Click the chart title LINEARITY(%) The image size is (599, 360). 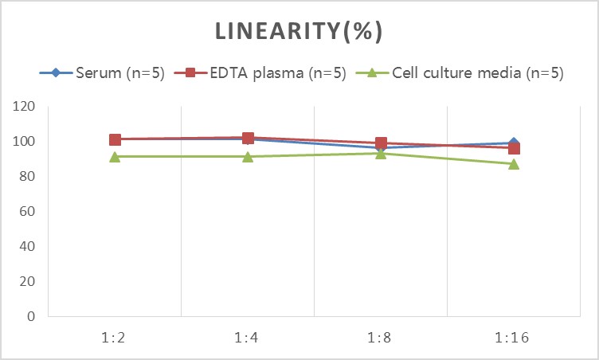pyautogui.click(x=299, y=31)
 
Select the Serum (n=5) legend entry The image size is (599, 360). pyautogui.click(x=102, y=72)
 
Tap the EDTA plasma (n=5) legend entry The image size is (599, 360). pyautogui.click(x=260, y=72)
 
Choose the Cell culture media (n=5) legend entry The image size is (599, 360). pyautogui.click(x=460, y=72)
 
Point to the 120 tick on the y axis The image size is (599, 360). pyautogui.click(x=24, y=106)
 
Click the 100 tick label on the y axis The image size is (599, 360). pyautogui.click(x=24, y=141)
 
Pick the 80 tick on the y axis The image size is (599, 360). pyautogui.click(x=27, y=176)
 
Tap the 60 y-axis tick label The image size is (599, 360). pyautogui.click(x=27, y=211)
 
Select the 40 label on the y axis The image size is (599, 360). pyautogui.click(x=27, y=246)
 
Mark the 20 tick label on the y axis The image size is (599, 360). pyautogui.click(x=27, y=281)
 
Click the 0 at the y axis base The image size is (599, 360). pyautogui.click(x=31, y=316)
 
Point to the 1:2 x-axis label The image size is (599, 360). pyautogui.click(x=113, y=338)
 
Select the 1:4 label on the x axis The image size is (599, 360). pyautogui.click(x=246, y=338)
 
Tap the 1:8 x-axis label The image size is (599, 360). pyautogui.click(x=379, y=338)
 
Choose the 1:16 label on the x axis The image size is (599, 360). pyautogui.click(x=512, y=338)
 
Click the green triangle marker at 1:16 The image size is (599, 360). pyautogui.click(x=514, y=164)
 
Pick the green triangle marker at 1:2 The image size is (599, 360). pyautogui.click(x=115, y=157)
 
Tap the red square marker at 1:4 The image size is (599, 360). pyautogui.click(x=248, y=138)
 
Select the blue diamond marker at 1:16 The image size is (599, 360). pyautogui.click(x=514, y=143)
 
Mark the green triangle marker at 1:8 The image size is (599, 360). pyautogui.click(x=381, y=154)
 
